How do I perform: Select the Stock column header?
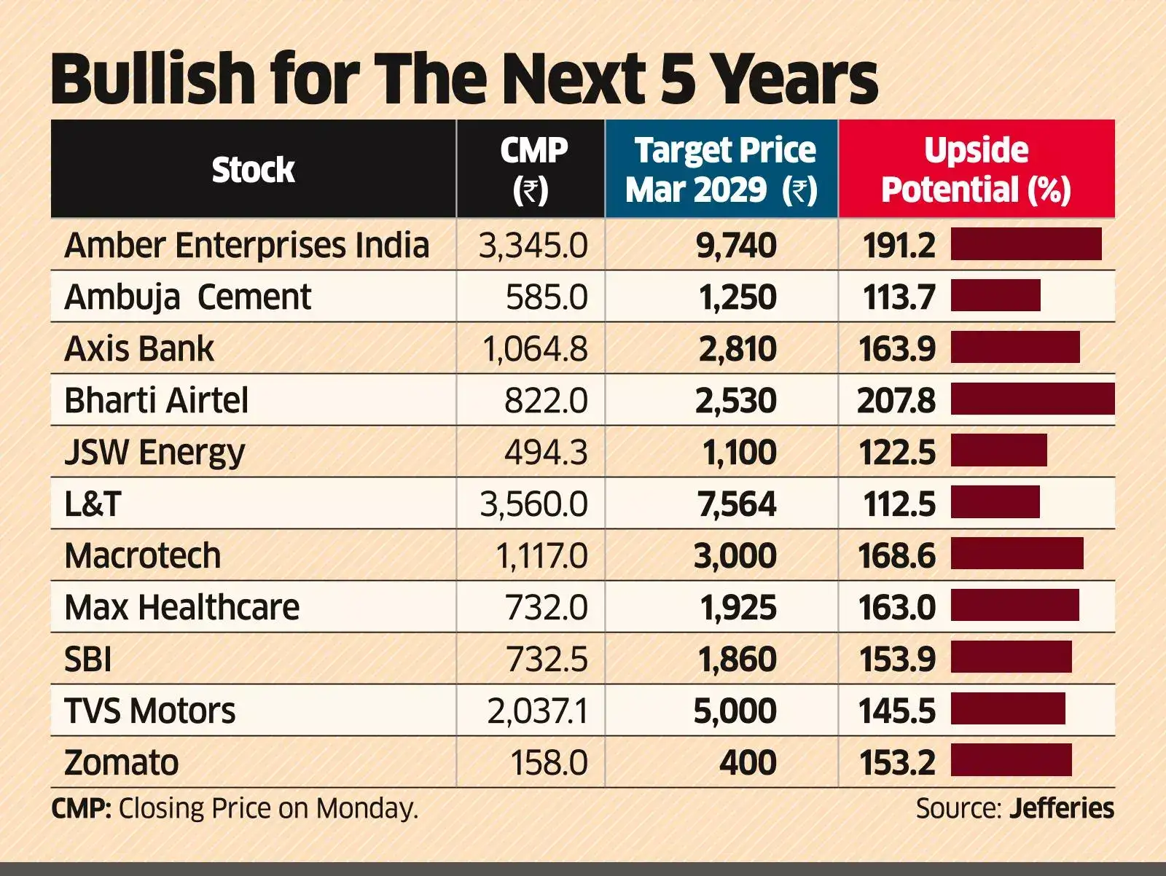click(x=253, y=171)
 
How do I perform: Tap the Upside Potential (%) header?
click(x=976, y=171)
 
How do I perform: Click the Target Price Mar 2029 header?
click(x=721, y=171)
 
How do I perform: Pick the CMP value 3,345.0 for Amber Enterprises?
click(x=533, y=246)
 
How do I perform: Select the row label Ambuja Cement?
click(x=188, y=297)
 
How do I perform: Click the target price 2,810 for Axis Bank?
click(x=737, y=349)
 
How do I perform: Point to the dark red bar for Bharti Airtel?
click(x=1033, y=399)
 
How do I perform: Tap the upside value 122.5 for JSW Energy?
click(x=896, y=453)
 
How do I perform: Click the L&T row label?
click(x=93, y=504)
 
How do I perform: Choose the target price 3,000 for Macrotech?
click(x=735, y=556)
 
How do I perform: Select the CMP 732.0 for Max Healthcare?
click(x=546, y=608)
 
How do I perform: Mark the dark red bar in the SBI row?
click(x=1011, y=657)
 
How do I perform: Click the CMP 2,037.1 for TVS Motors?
click(x=537, y=711)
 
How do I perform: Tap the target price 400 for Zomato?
click(x=748, y=763)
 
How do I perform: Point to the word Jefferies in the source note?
click(x=1062, y=809)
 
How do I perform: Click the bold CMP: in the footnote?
click(x=81, y=809)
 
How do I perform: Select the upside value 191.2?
click(x=899, y=246)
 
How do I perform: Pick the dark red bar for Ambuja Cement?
click(x=995, y=296)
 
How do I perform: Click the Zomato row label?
click(x=121, y=763)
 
